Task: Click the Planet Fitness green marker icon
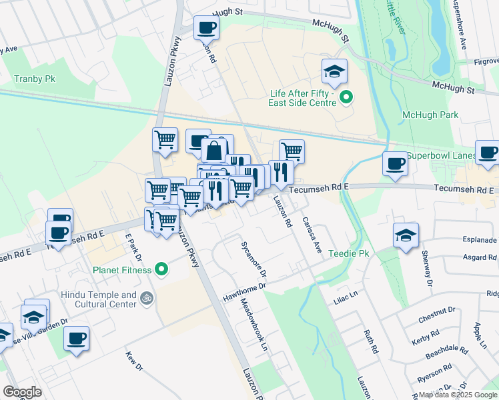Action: [x=161, y=270]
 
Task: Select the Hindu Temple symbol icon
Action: [x=147, y=299]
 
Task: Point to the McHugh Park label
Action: [x=430, y=115]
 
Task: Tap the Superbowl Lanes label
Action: [x=440, y=155]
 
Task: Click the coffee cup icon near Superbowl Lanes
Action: [x=395, y=163]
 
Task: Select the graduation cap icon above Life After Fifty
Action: [x=335, y=70]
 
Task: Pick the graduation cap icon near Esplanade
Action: [x=405, y=236]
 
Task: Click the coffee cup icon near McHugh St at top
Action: [x=205, y=27]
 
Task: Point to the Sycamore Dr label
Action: [x=254, y=260]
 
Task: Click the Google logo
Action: [x=22, y=392]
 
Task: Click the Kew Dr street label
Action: [x=134, y=361]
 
